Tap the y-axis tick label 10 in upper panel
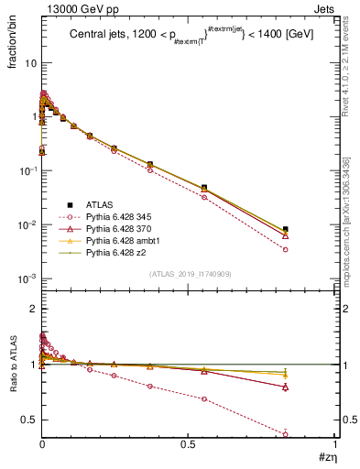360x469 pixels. [30, 63]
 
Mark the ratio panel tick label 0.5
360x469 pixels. [28, 420]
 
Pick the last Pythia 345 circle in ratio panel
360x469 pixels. [286, 434]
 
